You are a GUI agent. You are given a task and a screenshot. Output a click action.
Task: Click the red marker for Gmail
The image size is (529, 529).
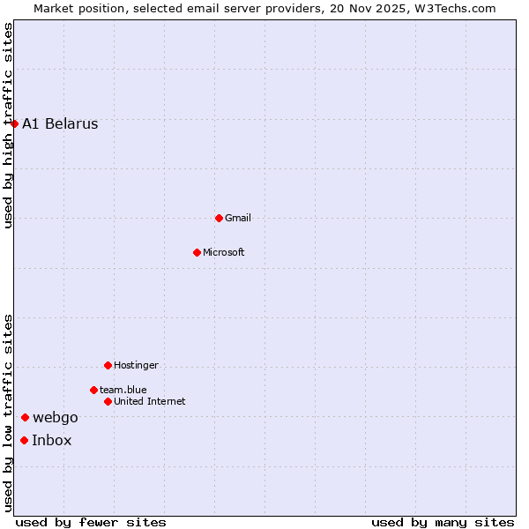pos(219,218)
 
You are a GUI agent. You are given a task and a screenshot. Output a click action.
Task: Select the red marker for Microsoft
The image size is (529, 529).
pos(197,252)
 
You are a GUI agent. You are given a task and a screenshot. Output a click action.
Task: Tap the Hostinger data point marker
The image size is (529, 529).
pos(108,365)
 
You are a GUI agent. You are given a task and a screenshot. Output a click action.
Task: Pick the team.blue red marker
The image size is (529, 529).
pos(93,390)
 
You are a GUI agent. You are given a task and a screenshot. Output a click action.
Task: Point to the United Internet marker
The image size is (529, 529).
pos(108,401)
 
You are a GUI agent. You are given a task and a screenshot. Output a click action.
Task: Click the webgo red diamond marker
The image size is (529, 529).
pos(25,417)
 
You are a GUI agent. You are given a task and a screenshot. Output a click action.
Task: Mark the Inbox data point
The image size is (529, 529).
pos(24,440)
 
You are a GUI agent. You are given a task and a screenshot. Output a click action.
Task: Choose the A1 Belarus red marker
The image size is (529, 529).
pos(15,123)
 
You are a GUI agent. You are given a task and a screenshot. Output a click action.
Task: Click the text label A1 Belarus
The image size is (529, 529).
pos(60,123)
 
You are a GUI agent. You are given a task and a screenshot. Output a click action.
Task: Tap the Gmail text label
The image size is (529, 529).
pos(238,218)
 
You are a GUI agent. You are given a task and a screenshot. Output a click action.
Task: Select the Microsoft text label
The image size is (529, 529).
pos(224,252)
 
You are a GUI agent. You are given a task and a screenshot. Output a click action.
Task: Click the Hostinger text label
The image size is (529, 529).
pos(136,365)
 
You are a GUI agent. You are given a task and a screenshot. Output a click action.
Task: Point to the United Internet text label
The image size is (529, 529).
pos(150,401)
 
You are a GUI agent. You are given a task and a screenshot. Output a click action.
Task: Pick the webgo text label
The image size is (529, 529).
pos(56,417)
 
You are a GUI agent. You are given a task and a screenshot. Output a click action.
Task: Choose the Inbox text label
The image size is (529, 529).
pos(52,440)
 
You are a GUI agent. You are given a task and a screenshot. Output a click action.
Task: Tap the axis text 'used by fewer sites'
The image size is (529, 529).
pos(91,523)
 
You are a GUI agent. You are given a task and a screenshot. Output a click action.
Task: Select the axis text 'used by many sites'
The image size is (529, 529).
pos(443,523)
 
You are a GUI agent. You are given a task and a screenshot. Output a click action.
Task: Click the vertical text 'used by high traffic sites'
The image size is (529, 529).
pos(8,125)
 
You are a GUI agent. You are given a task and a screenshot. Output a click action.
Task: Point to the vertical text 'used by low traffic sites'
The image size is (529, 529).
pos(8,413)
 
